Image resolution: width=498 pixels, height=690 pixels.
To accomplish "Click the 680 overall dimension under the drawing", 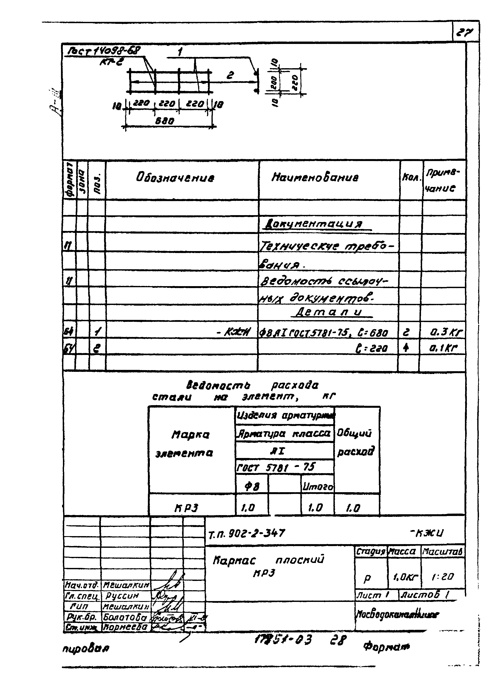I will (x=165, y=121).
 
